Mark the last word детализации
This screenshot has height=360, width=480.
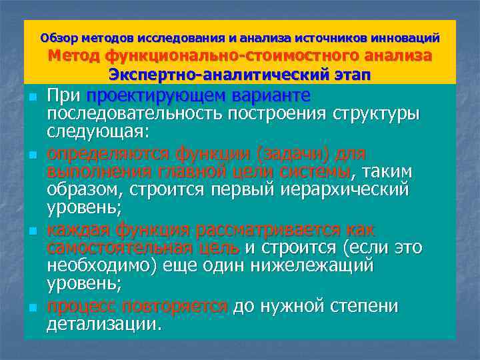coord(104,325)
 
